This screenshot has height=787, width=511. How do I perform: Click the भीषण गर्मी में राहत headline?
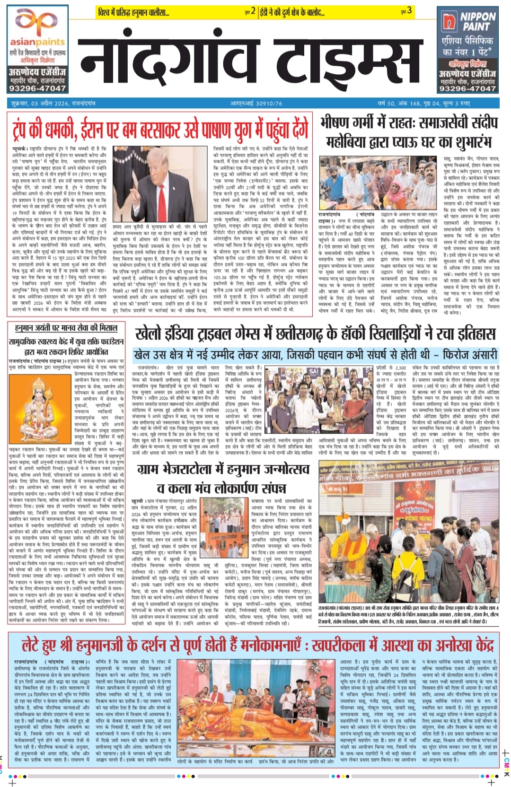click(409, 132)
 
